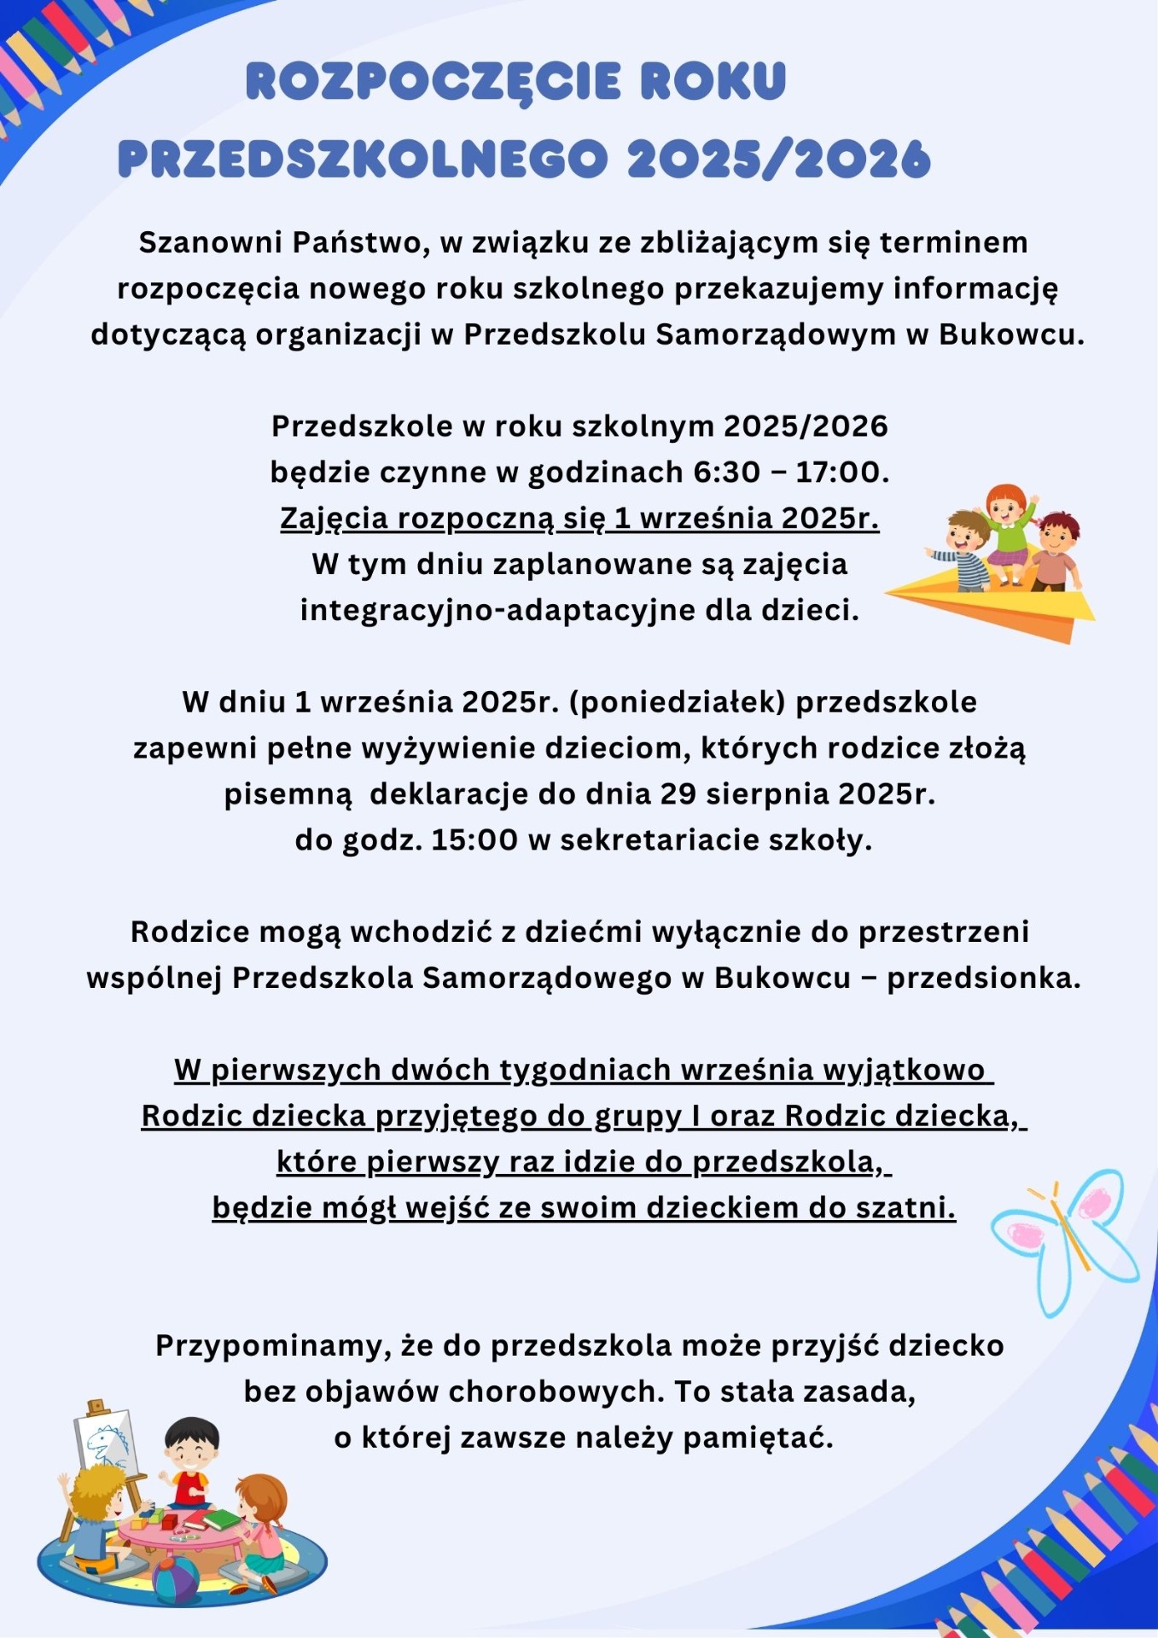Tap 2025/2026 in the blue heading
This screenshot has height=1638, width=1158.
point(778,160)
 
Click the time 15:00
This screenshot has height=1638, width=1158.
point(474,840)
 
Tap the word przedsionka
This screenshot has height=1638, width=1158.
point(983,978)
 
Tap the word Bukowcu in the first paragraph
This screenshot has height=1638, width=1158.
point(1011,334)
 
